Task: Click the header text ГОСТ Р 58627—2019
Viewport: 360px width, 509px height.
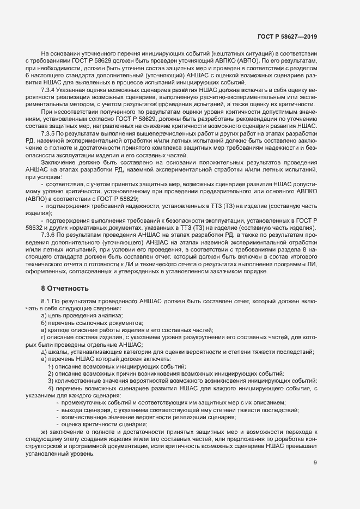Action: click(x=286, y=36)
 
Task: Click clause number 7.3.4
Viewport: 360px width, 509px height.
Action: click(x=50, y=89)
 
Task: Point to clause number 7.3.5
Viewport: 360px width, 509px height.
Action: click(x=50, y=133)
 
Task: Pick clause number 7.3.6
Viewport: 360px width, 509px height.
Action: click(x=50, y=234)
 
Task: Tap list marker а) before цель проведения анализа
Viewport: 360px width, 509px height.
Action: click(x=44, y=316)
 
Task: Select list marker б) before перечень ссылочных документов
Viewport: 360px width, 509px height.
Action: click(x=44, y=323)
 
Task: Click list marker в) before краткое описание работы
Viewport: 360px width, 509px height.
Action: click(x=44, y=330)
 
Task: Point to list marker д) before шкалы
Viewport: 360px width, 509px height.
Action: click(x=44, y=352)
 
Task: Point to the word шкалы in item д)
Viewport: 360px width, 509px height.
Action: click(x=57, y=352)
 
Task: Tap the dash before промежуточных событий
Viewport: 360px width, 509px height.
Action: click(x=57, y=402)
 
